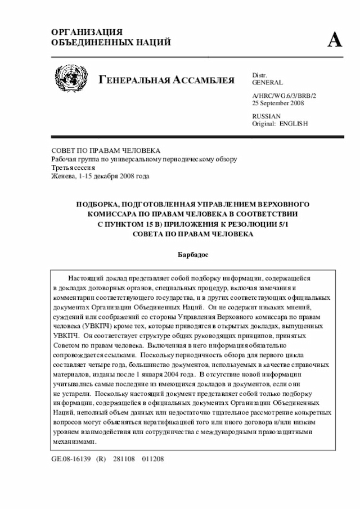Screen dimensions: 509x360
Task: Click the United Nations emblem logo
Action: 71,79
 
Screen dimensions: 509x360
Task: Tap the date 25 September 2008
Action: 278,103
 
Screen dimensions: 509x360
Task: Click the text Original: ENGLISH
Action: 280,123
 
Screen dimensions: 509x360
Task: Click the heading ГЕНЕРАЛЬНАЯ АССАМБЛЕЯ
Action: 166,80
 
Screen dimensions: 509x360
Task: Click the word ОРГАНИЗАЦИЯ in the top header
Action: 87,33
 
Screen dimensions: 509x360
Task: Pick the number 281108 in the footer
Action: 124,459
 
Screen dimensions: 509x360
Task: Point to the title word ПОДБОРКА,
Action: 100,204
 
